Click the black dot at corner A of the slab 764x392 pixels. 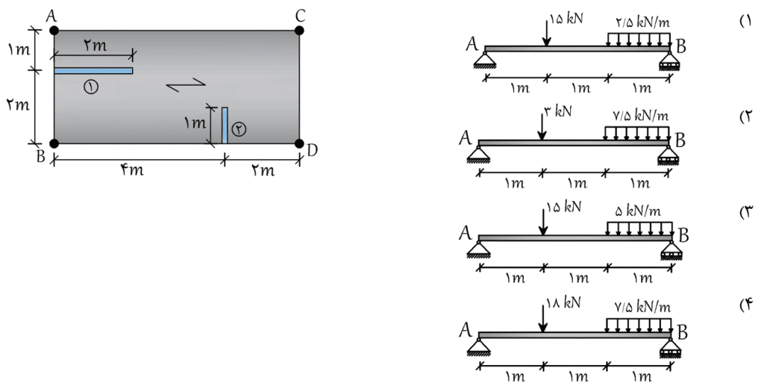coord(54,31)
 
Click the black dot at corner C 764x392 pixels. coord(299,31)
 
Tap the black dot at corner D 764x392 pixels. coord(299,143)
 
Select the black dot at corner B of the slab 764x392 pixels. coord(54,143)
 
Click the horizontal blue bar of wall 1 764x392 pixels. coord(93,71)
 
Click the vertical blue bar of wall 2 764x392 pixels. coord(225,125)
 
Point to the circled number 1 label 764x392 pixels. coord(90,87)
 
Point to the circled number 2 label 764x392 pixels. coord(239,128)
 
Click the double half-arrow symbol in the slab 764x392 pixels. coord(186,84)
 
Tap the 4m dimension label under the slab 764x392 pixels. coord(132,170)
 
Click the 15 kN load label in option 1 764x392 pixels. coord(567,19)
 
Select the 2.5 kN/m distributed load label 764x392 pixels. coord(642,22)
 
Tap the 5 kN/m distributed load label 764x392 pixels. coord(639,211)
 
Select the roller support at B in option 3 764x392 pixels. coord(671,249)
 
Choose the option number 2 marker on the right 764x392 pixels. coord(747,117)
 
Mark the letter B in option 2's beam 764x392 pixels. coord(680,140)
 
